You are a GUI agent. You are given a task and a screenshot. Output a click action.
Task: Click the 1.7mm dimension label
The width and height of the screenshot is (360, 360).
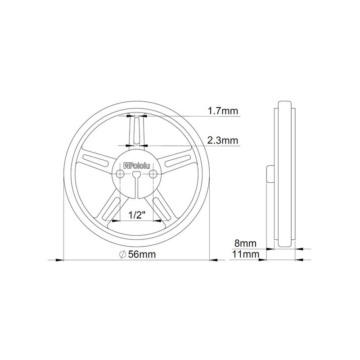click(223, 111)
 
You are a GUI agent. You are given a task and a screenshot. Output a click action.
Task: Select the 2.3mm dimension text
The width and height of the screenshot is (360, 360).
click(223, 140)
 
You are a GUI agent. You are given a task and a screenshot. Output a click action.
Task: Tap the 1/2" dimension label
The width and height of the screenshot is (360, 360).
click(137, 215)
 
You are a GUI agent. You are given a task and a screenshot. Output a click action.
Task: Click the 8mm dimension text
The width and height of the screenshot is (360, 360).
click(245, 243)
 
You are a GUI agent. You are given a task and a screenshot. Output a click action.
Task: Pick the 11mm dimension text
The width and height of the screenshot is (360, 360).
click(246, 254)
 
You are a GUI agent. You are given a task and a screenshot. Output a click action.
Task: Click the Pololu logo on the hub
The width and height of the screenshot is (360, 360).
click(137, 166)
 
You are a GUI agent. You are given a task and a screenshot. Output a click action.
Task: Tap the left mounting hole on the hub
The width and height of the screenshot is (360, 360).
click(120, 174)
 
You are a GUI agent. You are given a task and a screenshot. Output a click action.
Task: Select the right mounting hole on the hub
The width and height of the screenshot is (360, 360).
click(153, 174)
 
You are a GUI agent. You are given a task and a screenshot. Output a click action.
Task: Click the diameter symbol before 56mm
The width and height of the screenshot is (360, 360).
click(123, 254)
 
